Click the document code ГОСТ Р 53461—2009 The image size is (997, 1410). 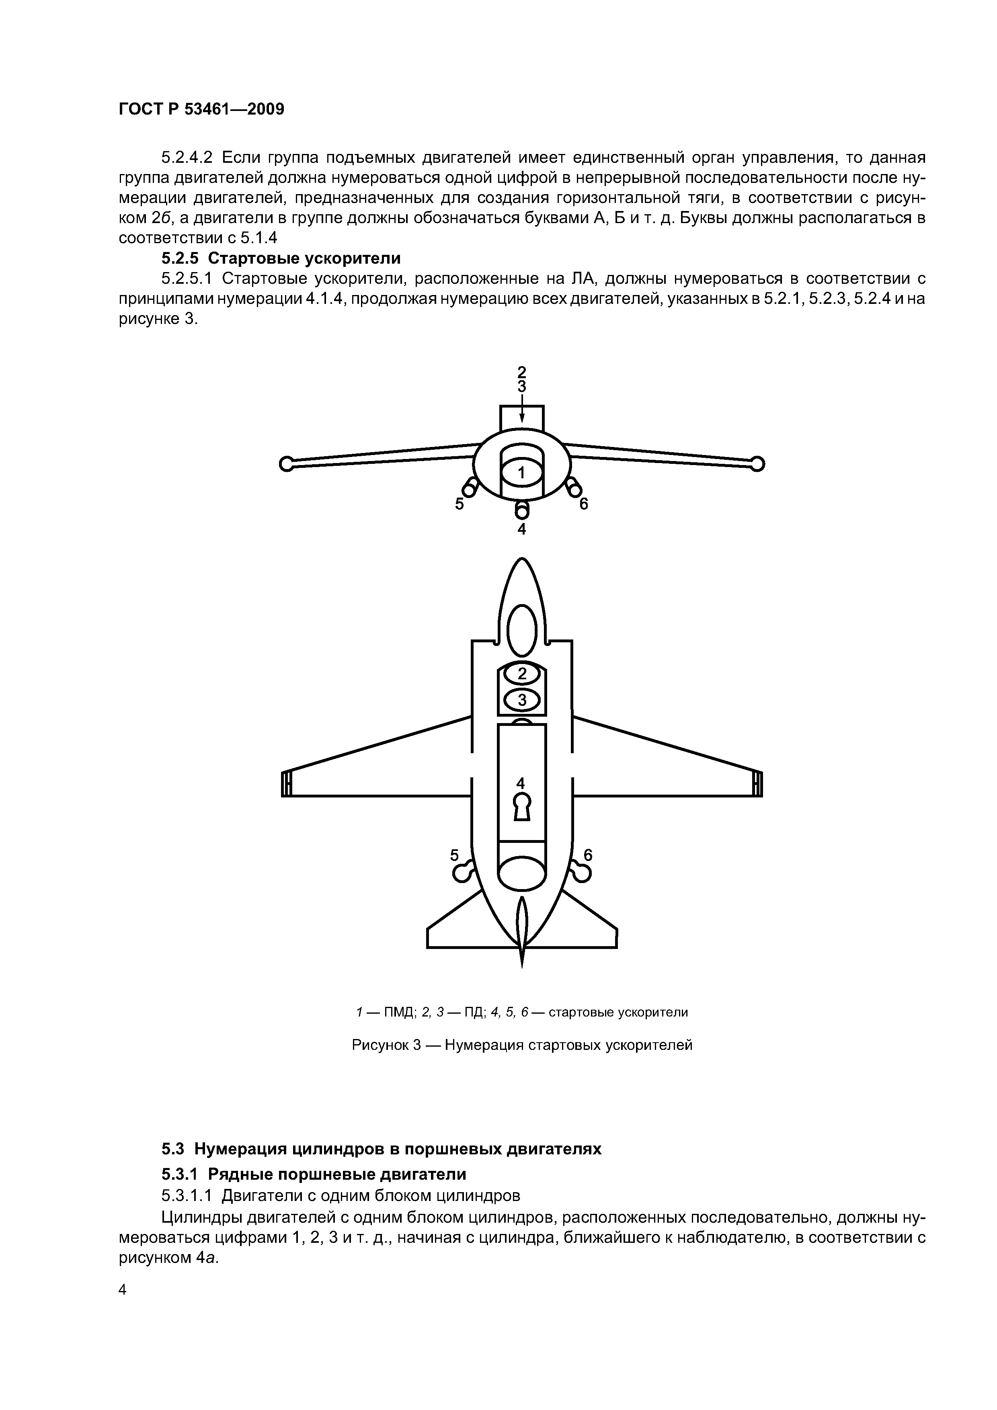point(201,110)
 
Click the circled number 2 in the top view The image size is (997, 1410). point(522,674)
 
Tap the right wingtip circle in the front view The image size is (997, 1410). point(757,464)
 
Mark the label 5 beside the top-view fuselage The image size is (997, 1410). point(455,855)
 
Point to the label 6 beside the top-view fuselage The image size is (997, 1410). point(588,855)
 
